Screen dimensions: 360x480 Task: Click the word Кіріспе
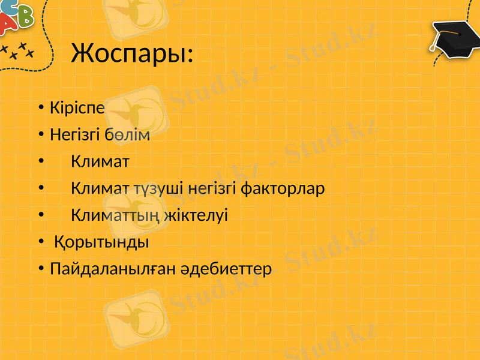click(77, 109)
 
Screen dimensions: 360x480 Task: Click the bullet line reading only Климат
click(100, 161)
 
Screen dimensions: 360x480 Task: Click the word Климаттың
click(115, 215)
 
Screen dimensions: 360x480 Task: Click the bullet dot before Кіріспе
click(40, 109)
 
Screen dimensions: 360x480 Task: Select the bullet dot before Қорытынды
click(40, 242)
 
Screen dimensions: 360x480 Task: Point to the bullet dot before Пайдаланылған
click(40, 269)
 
